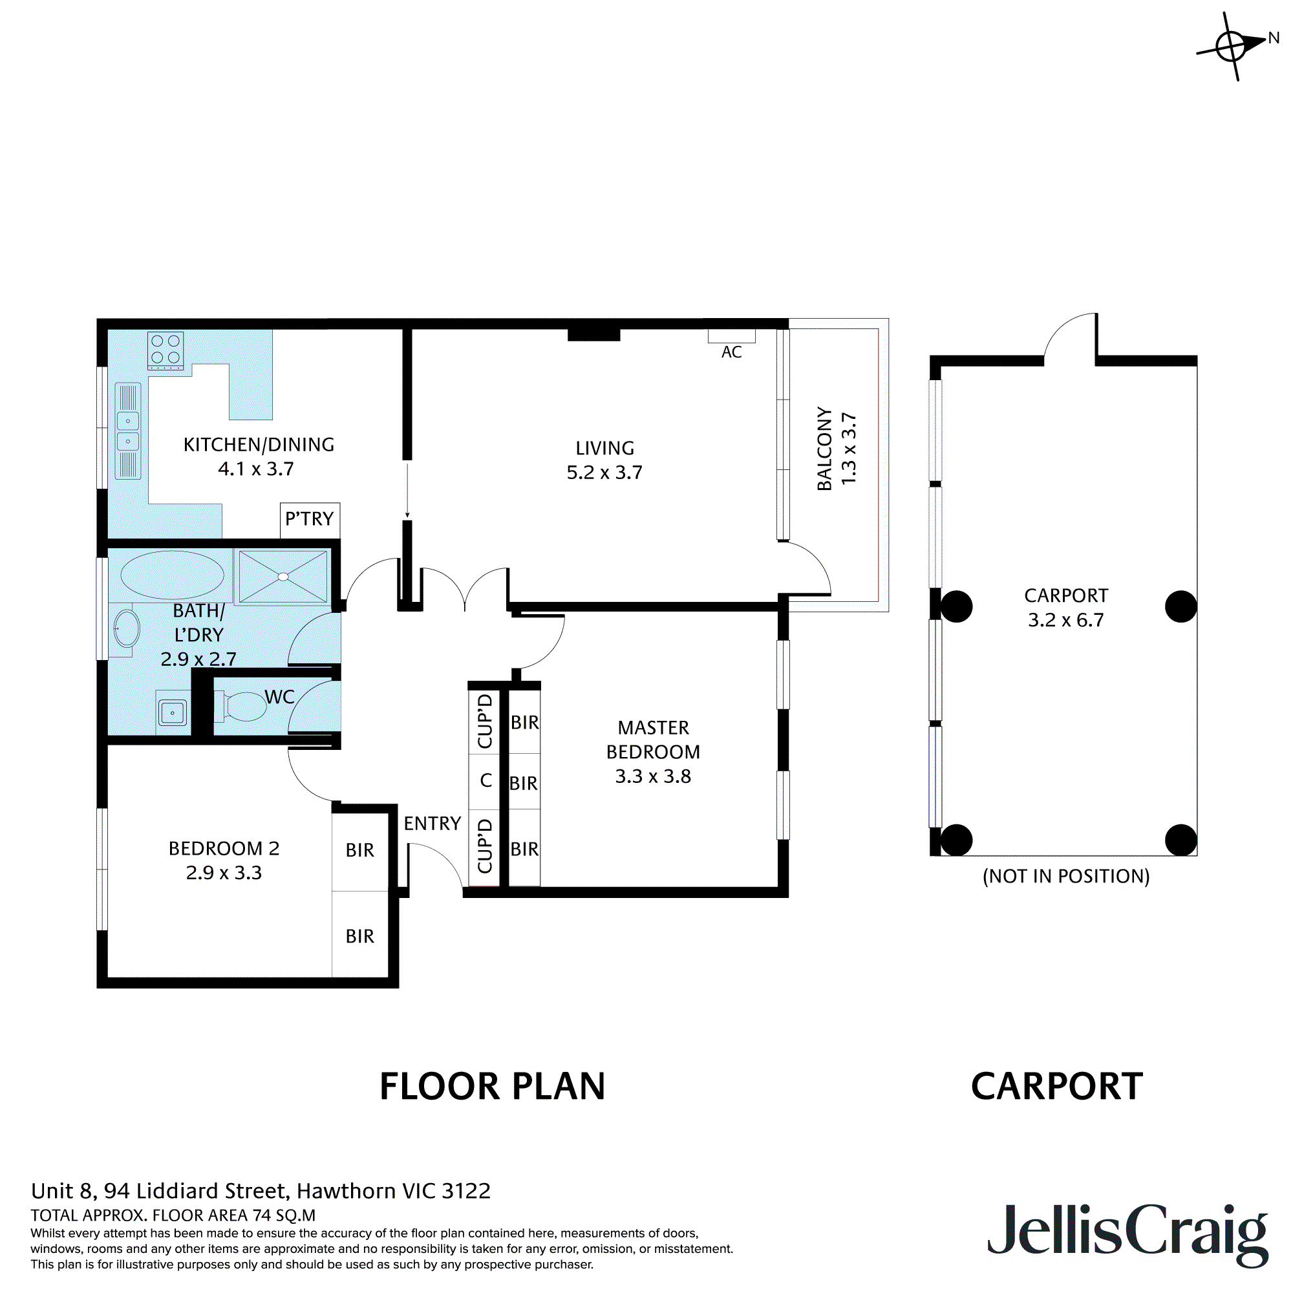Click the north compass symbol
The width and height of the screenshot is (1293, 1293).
tap(1232, 46)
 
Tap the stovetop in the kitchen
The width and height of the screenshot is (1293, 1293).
tap(166, 350)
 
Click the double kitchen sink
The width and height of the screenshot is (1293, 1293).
tap(128, 431)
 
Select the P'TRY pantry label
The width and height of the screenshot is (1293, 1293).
tap(309, 518)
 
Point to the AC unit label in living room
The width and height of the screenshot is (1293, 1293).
tap(731, 352)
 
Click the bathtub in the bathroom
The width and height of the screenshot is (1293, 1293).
tap(172, 575)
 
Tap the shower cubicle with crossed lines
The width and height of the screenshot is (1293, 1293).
tap(283, 576)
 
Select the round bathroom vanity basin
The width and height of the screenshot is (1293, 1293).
tap(126, 628)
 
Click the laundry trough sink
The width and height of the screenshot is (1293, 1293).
tap(173, 712)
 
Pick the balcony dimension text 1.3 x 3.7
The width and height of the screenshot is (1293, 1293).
tap(849, 449)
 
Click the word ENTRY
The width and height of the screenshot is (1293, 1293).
tap(433, 823)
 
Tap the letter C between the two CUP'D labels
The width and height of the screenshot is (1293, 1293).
tap(486, 780)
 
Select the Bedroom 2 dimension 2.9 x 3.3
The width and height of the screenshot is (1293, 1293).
tap(224, 873)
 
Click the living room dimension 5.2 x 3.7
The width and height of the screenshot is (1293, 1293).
tap(604, 473)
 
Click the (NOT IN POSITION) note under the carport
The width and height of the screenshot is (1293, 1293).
tap(1065, 876)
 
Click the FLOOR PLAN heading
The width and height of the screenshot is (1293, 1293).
tap(492, 1087)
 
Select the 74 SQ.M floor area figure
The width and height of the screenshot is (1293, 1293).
tap(284, 1215)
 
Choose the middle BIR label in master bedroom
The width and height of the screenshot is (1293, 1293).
tap(524, 783)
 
